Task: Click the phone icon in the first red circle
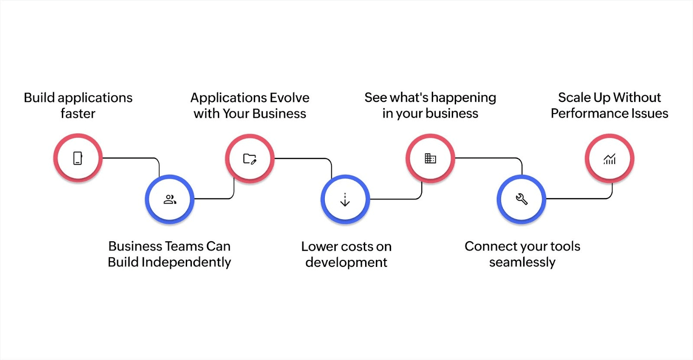(78, 158)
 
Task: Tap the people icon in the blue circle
(170, 199)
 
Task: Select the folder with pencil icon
(250, 159)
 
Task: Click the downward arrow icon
(345, 200)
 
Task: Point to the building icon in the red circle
(430, 158)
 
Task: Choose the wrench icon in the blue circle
(521, 199)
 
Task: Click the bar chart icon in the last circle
(609, 159)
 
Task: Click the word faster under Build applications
(78, 114)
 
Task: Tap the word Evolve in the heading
(289, 97)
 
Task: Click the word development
(346, 263)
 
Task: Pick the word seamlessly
(522, 263)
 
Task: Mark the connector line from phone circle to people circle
(130, 158)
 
